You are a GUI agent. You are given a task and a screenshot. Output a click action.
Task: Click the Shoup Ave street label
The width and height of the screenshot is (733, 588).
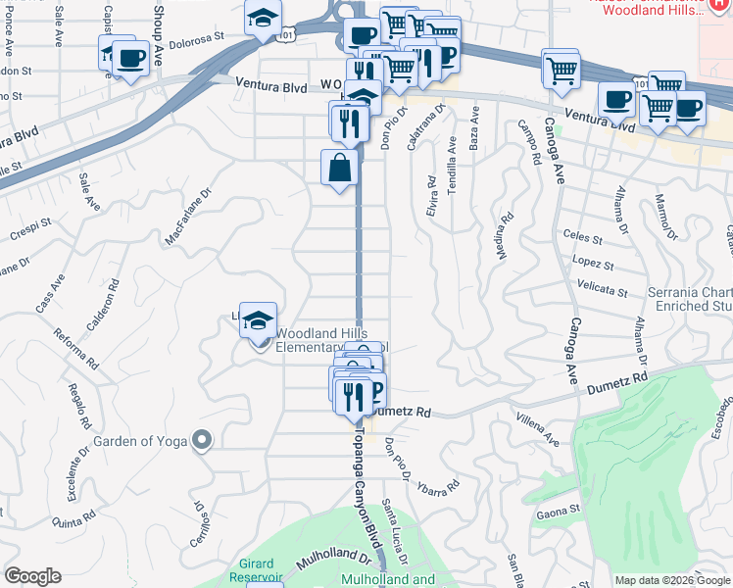158,21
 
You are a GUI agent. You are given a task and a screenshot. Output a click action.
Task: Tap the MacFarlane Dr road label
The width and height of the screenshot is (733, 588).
188,219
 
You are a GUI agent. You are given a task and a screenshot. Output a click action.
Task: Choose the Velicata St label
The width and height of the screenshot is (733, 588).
604,291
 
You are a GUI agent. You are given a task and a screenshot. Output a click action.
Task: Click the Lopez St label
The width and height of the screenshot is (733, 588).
594,265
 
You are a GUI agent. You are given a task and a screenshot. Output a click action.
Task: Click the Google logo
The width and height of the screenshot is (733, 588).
33,576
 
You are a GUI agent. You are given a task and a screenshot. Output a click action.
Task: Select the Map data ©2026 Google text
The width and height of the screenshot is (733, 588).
672,580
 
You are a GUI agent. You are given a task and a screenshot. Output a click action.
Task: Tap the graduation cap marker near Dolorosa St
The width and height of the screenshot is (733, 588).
262,17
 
